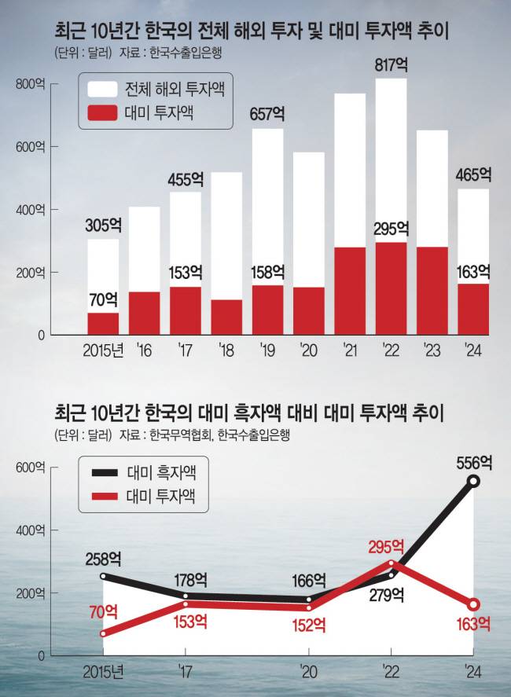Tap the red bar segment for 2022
pyautogui.click(x=391, y=288)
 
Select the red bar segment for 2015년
pyautogui.click(x=103, y=324)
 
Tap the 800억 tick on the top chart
pyautogui.click(x=31, y=84)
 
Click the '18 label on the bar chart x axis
pyautogui.click(x=226, y=348)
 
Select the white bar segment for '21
pyautogui.click(x=350, y=170)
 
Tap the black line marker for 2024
pyautogui.click(x=473, y=481)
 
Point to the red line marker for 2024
pyautogui.click(x=473, y=604)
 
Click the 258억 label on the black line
pyautogui.click(x=103, y=559)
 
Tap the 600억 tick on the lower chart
pyautogui.click(x=31, y=468)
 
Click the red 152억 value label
pyautogui.click(x=309, y=625)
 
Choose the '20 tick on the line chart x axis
pyautogui.click(x=309, y=670)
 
